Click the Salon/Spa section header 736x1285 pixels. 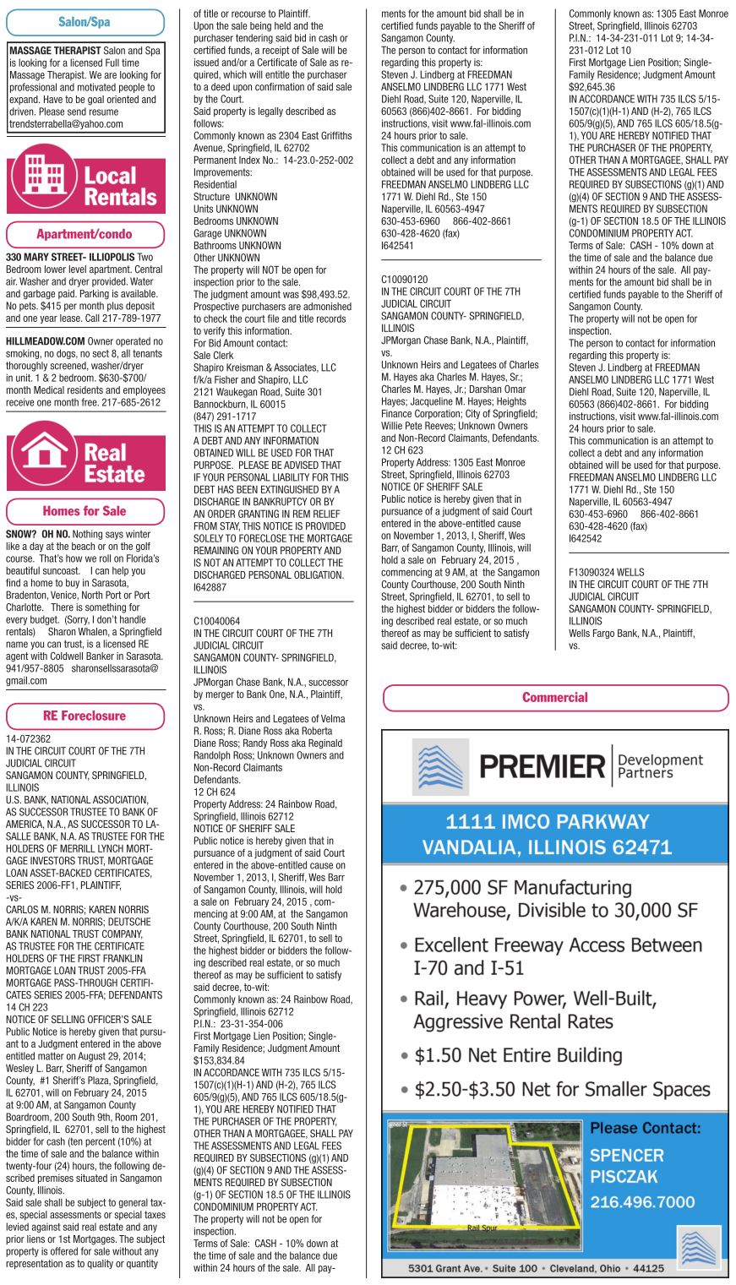[85, 22]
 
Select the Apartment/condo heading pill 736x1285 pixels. [85, 234]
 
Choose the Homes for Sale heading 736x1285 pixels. [85, 511]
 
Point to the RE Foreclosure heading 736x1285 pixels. [85, 716]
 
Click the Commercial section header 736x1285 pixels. [554, 698]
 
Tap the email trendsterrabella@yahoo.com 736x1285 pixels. [66, 124]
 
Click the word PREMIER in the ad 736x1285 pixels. [542, 766]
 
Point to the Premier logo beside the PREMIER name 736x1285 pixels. [440, 767]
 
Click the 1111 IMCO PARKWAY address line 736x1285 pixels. [547, 822]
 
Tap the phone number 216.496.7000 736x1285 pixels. [642, 1202]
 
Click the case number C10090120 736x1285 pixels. [405, 280]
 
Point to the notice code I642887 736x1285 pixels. [210, 587]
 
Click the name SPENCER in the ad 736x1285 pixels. [626, 1156]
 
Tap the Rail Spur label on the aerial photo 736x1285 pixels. [483, 1228]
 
